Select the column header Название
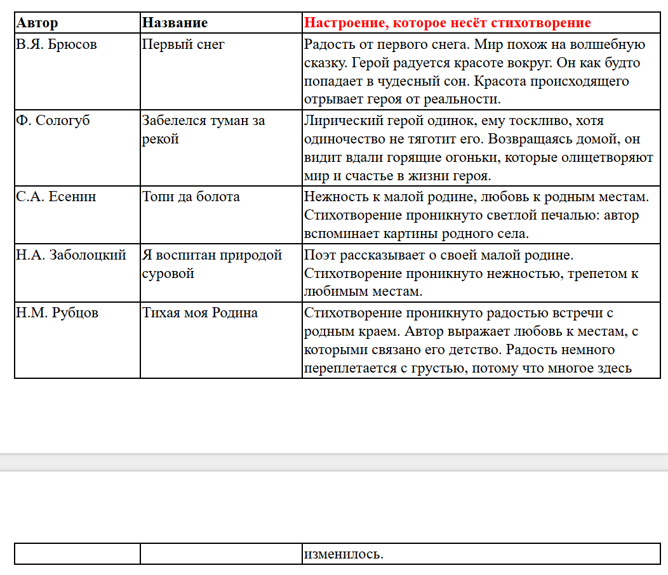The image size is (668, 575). pyautogui.click(x=175, y=23)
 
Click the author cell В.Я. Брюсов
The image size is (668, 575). pyautogui.click(x=57, y=45)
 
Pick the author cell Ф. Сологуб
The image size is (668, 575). pyautogui.click(x=53, y=121)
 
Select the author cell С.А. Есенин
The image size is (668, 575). pyautogui.click(x=56, y=197)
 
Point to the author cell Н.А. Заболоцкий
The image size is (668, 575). pyautogui.click(x=71, y=255)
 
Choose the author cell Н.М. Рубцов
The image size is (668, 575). pyautogui.click(x=57, y=313)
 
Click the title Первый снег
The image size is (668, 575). pyautogui.click(x=184, y=45)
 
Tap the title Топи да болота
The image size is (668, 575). pyautogui.click(x=191, y=197)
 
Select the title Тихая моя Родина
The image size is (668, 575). pyautogui.click(x=200, y=313)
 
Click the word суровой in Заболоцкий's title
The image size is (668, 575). pyautogui.click(x=168, y=274)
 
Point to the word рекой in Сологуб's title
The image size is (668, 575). pyautogui.click(x=161, y=139)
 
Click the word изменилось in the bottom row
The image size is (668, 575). pyautogui.click(x=344, y=554)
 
